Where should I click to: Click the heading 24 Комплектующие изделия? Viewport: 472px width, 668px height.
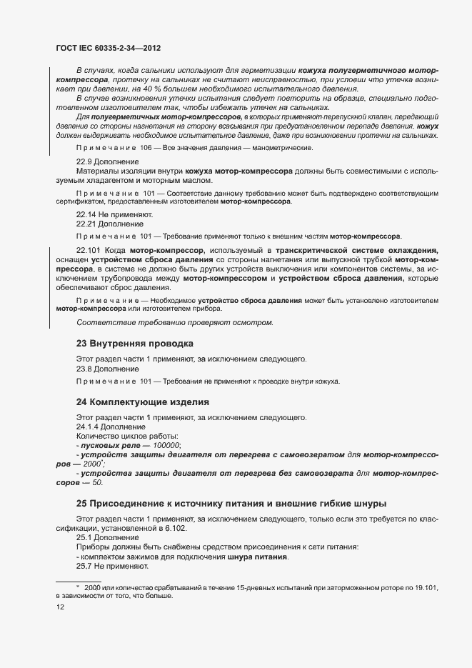point(142,402)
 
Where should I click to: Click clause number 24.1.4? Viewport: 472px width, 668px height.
point(89,427)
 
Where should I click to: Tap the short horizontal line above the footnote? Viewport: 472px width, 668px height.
point(78,580)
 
